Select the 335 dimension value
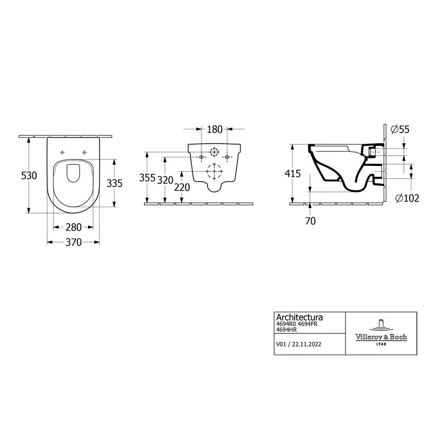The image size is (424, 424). click(x=115, y=183)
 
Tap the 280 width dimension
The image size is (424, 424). click(x=74, y=227)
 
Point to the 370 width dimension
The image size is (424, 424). click(x=74, y=243)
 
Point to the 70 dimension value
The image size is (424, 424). click(x=310, y=221)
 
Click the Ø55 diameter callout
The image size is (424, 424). click(x=400, y=129)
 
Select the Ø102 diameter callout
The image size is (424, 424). click(x=407, y=198)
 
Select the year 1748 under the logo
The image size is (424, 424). click(x=380, y=344)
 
